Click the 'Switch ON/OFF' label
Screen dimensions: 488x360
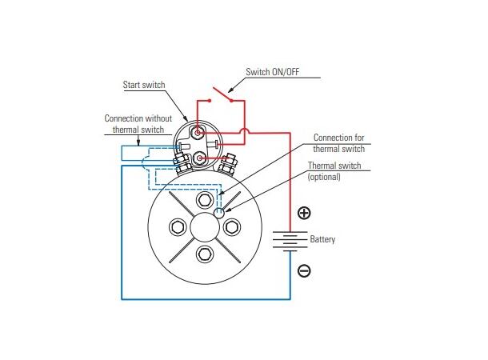pyautogui.click(x=272, y=72)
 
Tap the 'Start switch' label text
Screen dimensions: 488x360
pyautogui.click(x=144, y=85)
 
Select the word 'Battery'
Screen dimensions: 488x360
pyautogui.click(x=322, y=239)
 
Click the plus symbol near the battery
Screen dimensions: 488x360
pyautogui.click(x=304, y=213)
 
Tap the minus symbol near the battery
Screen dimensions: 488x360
pyautogui.click(x=304, y=270)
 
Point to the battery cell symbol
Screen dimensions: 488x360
pyautogui.click(x=290, y=241)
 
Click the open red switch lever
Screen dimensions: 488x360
pyautogui.click(x=222, y=94)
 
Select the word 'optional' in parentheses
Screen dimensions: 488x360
pyautogui.click(x=324, y=177)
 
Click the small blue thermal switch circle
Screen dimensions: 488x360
pyautogui.click(x=218, y=213)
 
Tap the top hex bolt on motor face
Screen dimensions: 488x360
pyautogui.click(x=205, y=200)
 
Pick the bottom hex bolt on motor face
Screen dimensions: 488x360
pyautogui.click(x=205, y=254)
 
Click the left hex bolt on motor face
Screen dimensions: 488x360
pyautogui.click(x=178, y=226)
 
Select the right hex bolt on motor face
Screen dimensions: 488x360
pyautogui.click(x=232, y=226)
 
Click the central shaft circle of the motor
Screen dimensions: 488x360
pyautogui.click(x=205, y=227)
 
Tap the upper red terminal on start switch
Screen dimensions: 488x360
pyautogui.click(x=198, y=133)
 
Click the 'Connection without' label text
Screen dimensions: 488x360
pyautogui.click(x=138, y=118)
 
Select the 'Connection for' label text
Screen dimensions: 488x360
pyautogui.click(x=338, y=138)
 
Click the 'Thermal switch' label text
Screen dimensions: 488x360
pyautogui.click(x=334, y=166)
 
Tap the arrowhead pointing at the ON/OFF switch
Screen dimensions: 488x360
pyautogui.click(x=230, y=90)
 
